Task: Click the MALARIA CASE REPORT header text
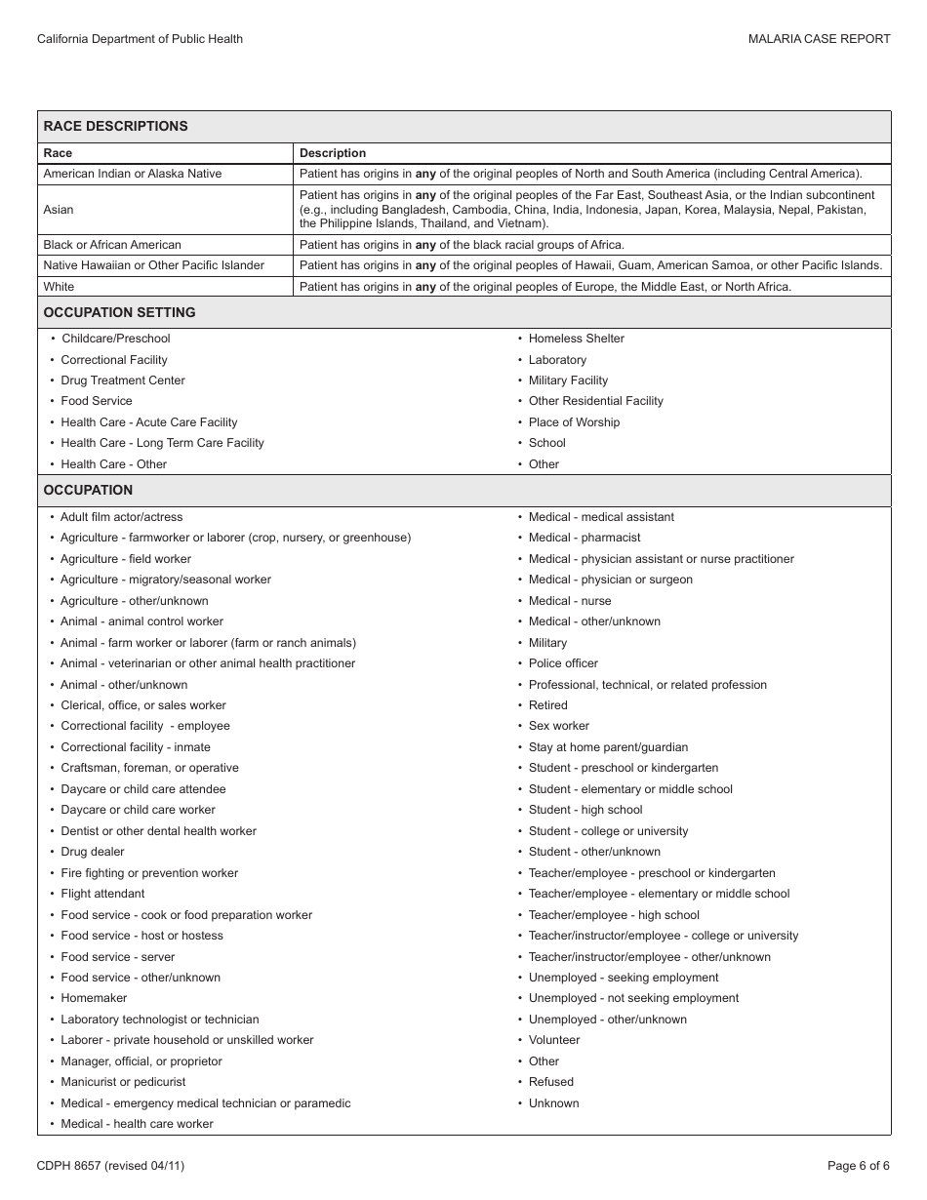click(819, 39)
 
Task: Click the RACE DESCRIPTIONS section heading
click(115, 126)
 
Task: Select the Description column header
click(333, 153)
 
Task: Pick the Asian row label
click(59, 210)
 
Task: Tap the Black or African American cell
click(112, 245)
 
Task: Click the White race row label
click(59, 287)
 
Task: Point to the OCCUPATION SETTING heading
click(119, 312)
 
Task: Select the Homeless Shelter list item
click(576, 339)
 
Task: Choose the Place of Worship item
click(574, 422)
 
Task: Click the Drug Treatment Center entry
click(123, 380)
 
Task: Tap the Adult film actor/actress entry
click(122, 517)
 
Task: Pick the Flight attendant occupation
click(102, 894)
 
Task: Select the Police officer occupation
click(563, 663)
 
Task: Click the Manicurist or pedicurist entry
click(123, 1082)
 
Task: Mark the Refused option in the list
click(551, 1082)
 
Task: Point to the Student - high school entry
click(585, 810)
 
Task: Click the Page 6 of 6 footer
click(858, 1165)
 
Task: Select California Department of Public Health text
click(140, 39)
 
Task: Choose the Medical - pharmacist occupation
click(584, 538)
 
